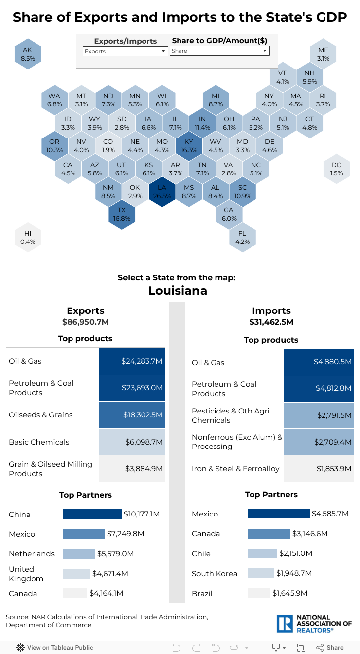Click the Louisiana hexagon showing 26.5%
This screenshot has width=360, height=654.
162,192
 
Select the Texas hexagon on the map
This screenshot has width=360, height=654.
122,214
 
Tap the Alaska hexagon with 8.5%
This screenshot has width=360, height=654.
28,54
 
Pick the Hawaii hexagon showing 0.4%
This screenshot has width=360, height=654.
28,238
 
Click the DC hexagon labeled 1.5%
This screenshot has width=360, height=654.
336,169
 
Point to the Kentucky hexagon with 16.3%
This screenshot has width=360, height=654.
189,146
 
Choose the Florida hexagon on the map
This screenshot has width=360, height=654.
242,238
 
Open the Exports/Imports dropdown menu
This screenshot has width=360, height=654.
125,51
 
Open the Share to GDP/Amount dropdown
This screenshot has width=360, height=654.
219,51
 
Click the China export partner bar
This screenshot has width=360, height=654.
92,514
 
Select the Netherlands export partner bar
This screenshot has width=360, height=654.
79,553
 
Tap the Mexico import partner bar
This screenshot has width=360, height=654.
279,514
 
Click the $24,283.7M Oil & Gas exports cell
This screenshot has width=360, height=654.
132,361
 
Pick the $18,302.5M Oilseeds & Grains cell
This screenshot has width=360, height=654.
132,415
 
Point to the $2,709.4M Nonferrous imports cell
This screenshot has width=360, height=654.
319,442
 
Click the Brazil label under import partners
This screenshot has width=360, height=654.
202,593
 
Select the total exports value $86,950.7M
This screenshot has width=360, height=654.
85,322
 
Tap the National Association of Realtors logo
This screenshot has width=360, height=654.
314,623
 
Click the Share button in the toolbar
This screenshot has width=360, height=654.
330,647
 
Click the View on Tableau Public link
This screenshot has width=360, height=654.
55,647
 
